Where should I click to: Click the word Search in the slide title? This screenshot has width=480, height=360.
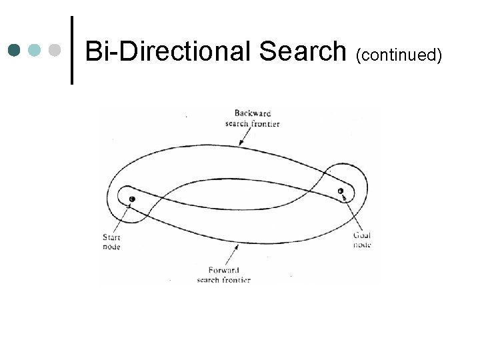pyautogui.click(x=302, y=50)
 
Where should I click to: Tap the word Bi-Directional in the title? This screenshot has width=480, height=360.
pyautogui.click(x=169, y=50)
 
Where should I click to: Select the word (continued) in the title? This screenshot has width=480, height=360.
pyautogui.click(x=399, y=53)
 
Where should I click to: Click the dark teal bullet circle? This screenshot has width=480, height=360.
pyautogui.click(x=16, y=50)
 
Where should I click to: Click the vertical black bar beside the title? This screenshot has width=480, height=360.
pyautogui.click(x=71, y=50)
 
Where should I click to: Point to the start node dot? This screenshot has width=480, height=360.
pyautogui.click(x=132, y=199)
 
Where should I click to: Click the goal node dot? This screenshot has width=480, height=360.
pyautogui.click(x=341, y=191)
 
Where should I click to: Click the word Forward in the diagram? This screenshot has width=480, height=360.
pyautogui.click(x=225, y=271)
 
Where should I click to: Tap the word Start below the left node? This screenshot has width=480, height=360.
pyautogui.click(x=111, y=237)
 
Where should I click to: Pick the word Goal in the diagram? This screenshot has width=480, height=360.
pyautogui.click(x=362, y=235)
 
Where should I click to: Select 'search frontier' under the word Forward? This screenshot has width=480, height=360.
pyautogui.click(x=224, y=280)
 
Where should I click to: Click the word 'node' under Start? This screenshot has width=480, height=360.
pyautogui.click(x=111, y=247)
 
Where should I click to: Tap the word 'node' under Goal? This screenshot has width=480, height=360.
pyautogui.click(x=362, y=245)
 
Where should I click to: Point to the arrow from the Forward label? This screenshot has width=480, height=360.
pyautogui.click(x=233, y=253)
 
